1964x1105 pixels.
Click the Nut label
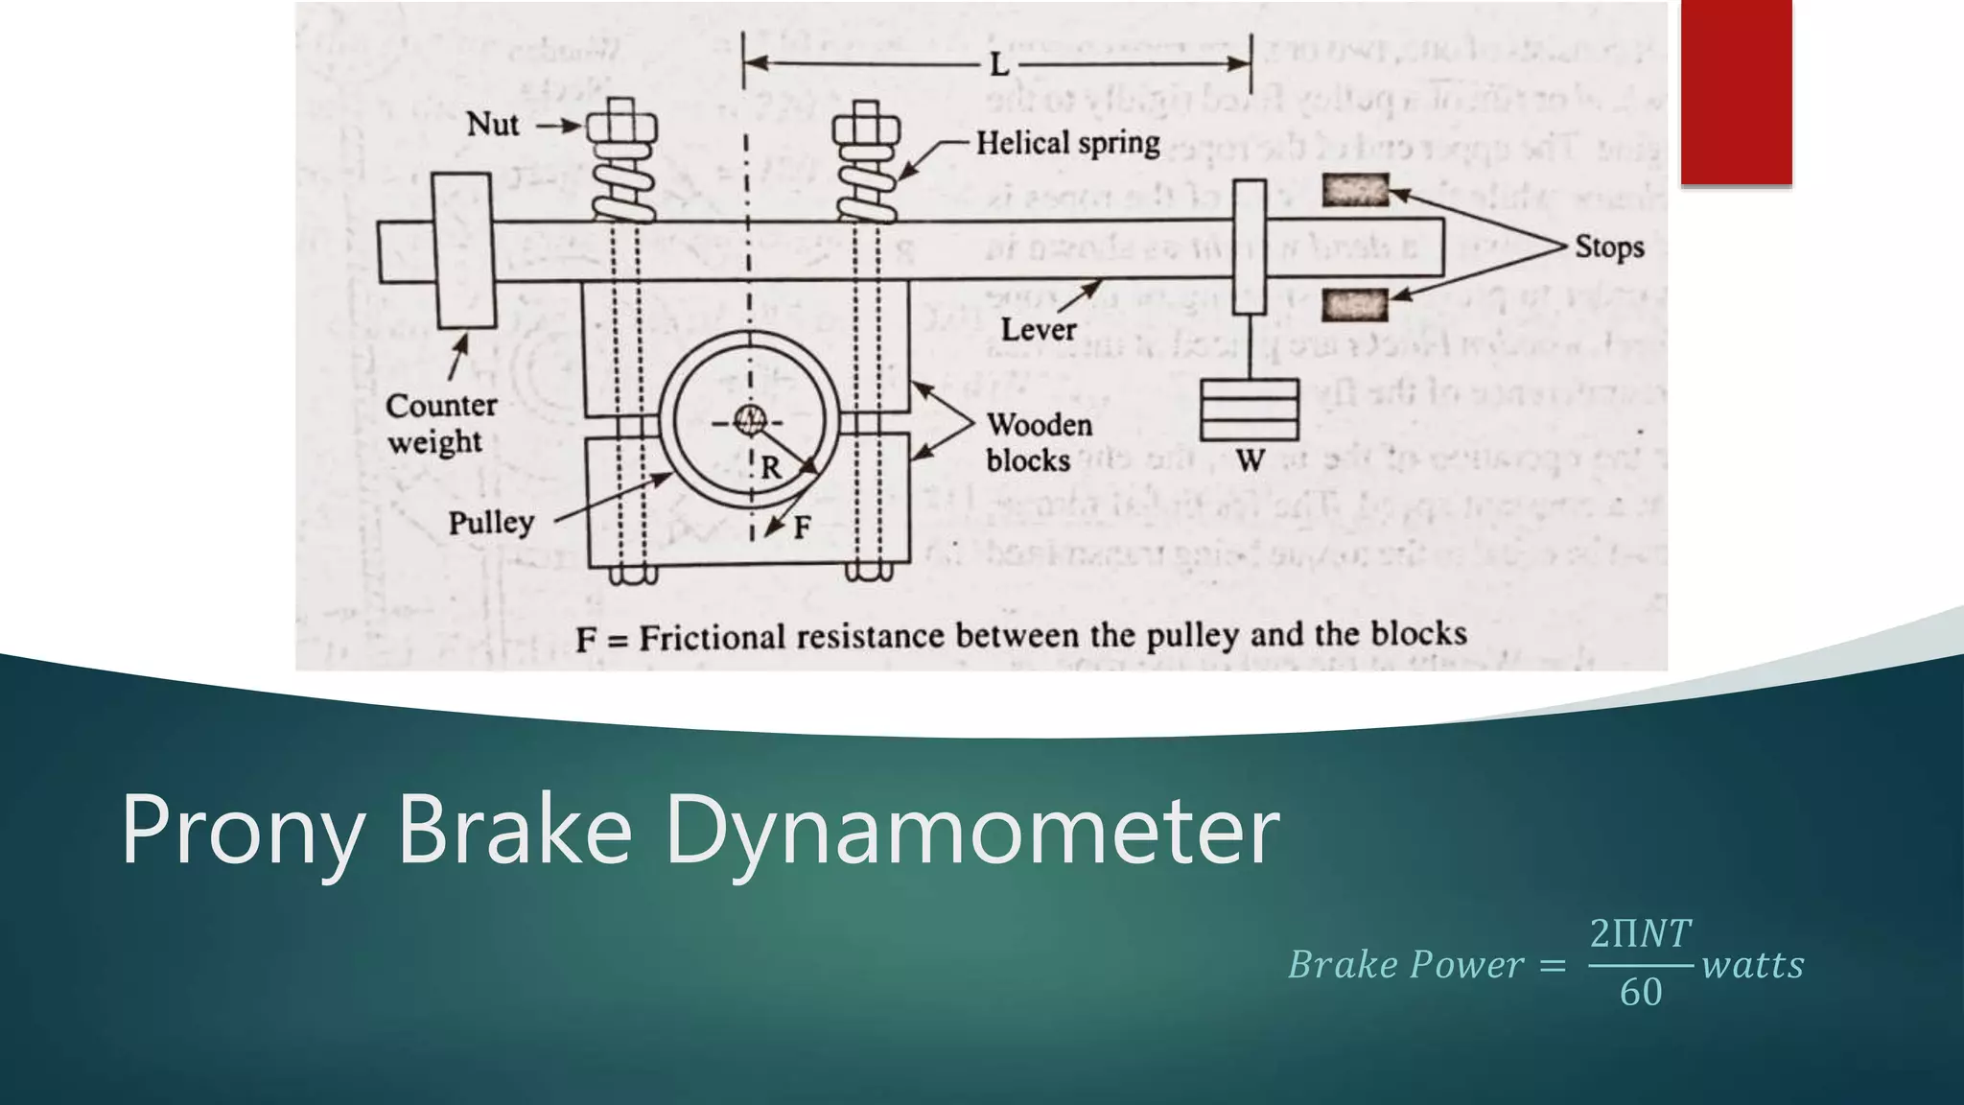[x=492, y=125]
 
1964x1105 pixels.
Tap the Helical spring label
[x=1067, y=144]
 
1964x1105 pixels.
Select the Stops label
[x=1608, y=247]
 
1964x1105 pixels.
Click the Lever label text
[x=1038, y=330]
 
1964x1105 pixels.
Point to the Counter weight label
[x=440, y=423]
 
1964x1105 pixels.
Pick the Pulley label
[x=491, y=523]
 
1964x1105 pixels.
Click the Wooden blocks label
[x=1039, y=442]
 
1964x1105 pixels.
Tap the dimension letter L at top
[x=998, y=65]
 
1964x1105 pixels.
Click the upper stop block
[x=1355, y=190]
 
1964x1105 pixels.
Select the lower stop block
[x=1354, y=306]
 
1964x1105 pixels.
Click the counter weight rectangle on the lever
[x=463, y=250]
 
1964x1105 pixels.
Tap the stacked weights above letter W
[x=1250, y=410]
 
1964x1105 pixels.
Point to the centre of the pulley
[x=749, y=419]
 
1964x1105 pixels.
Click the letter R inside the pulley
[x=771, y=468]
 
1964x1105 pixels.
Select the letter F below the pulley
[x=802, y=527]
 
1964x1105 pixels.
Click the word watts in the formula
[x=1752, y=965]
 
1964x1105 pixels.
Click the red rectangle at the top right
[x=1736, y=91]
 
